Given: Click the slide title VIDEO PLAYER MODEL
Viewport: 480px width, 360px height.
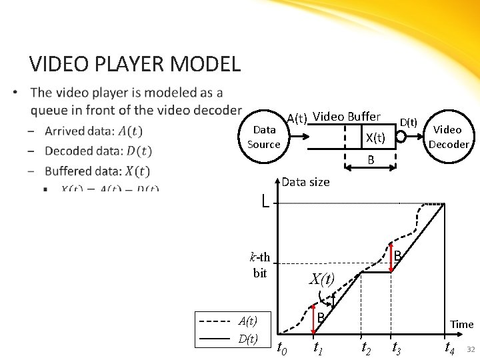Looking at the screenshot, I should pos(135,64).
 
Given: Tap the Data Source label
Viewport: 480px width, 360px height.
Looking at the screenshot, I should pos(264,137).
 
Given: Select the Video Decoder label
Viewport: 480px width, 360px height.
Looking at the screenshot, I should pos(449,137).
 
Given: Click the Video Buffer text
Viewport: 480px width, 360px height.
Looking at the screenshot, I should pos(347,117).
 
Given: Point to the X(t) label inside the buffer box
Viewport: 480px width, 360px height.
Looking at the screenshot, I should pos(375,138).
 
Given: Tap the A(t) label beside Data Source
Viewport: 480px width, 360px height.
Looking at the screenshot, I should pos(297,119).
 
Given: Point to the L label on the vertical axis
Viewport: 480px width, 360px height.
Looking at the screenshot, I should pos(265,200).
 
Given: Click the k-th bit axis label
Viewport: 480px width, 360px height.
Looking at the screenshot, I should pos(260,265).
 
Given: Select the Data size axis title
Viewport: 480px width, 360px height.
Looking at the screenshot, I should pos(305,182).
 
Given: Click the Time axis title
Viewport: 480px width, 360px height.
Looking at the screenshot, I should pos(461,325).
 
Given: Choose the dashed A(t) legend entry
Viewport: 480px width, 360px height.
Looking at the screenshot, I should pos(227,321).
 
